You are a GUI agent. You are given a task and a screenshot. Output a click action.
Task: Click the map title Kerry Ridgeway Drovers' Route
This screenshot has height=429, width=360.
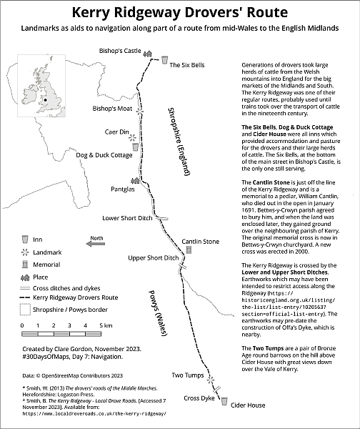[x=180, y=13]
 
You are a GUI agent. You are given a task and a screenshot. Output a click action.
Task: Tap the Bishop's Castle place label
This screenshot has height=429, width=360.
[x=120, y=51]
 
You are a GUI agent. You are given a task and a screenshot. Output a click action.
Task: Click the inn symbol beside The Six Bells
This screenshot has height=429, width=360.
[x=164, y=60]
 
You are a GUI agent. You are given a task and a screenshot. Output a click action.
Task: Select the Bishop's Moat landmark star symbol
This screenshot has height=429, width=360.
[x=140, y=112]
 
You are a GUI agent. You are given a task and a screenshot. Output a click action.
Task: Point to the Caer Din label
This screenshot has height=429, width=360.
[x=116, y=132]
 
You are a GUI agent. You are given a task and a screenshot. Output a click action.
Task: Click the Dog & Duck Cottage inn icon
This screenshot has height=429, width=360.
[x=135, y=147]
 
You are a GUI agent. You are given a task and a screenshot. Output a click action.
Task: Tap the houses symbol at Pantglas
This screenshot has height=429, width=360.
[x=135, y=180]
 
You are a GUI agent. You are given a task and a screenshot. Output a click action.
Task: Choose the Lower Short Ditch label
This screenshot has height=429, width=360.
[x=127, y=218]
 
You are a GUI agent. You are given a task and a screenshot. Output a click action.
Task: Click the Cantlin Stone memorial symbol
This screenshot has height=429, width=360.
[x=189, y=250]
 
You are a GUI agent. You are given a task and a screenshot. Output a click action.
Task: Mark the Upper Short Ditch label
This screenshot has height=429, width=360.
[x=153, y=258]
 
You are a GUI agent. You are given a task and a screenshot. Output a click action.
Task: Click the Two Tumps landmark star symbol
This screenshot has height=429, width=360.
[x=211, y=380]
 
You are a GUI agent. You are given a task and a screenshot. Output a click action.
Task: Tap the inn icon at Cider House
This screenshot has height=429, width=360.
[x=224, y=401]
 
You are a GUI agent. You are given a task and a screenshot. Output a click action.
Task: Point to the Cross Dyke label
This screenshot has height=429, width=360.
[x=199, y=398]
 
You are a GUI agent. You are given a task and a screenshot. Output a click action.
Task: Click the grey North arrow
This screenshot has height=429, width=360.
[x=96, y=244]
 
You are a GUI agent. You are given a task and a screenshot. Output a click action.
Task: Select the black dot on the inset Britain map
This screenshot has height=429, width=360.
[x=46, y=100]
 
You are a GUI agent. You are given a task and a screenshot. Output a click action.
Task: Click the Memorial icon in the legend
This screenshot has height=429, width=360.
[x=25, y=265]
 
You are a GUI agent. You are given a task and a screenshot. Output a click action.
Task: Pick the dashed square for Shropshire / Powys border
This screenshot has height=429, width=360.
[x=25, y=310]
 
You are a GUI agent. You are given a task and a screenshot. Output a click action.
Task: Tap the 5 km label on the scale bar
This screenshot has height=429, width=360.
[x=106, y=325]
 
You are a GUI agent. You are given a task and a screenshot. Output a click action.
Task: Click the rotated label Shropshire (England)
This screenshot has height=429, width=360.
[x=179, y=142]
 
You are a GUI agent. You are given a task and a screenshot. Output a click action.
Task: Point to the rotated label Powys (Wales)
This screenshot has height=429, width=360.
[x=157, y=313]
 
